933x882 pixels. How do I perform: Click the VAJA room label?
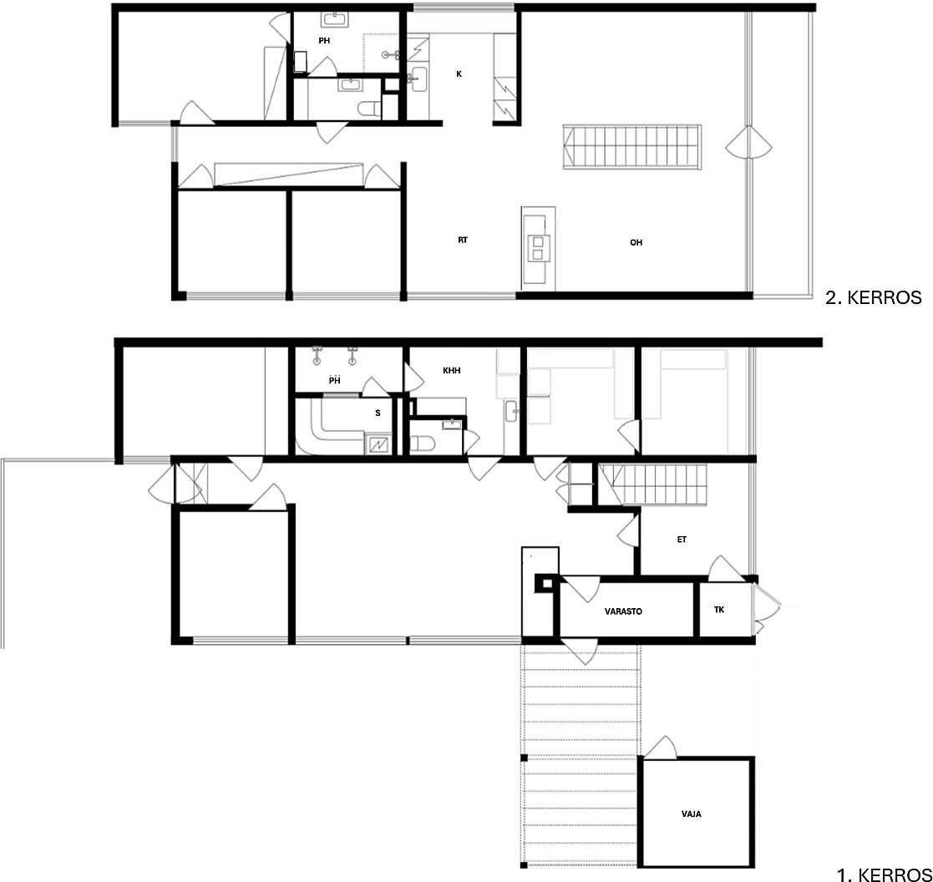[x=691, y=814]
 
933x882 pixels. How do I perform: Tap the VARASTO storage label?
[x=623, y=611]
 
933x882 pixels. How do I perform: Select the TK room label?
[x=719, y=610]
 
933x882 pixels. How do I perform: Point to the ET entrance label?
[x=682, y=540]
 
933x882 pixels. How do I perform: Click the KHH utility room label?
[x=452, y=371]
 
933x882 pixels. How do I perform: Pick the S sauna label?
[x=378, y=413]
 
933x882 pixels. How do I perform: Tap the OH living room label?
[x=636, y=242]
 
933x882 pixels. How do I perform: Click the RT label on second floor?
[x=463, y=241]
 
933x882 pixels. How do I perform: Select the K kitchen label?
[x=459, y=74]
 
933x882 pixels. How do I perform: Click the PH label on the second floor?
[x=324, y=41]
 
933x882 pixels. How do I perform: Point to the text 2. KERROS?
[x=873, y=297]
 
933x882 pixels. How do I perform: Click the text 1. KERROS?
[x=885, y=874]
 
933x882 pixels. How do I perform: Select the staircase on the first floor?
[x=652, y=485]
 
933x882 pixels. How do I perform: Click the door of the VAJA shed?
[x=661, y=748]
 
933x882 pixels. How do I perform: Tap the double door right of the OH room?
[x=748, y=144]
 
